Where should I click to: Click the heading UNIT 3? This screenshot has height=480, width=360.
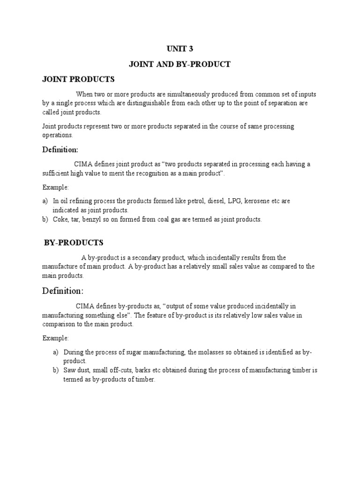[x=180, y=48]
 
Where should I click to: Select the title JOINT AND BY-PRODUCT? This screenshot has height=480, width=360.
[x=180, y=64]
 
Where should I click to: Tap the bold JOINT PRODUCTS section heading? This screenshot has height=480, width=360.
[x=78, y=79]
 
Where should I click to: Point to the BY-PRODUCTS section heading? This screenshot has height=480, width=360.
[x=74, y=242]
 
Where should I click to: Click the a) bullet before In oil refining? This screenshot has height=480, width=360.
[x=45, y=201]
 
